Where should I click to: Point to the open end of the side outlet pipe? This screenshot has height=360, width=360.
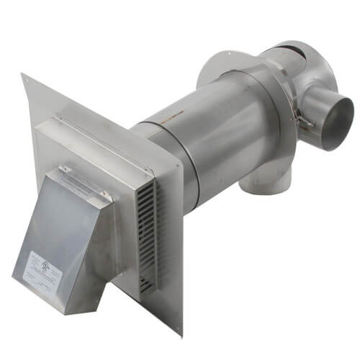(x=337, y=122)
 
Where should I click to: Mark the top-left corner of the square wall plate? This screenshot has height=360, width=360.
(x=22, y=74)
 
